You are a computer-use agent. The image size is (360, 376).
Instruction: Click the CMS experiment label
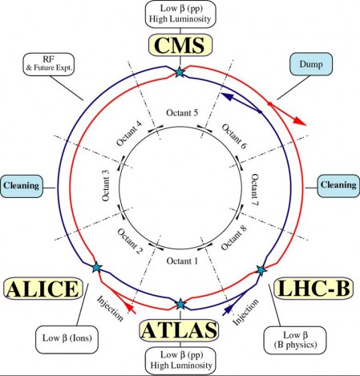click(180, 45)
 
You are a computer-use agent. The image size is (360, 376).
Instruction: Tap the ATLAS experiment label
click(179, 330)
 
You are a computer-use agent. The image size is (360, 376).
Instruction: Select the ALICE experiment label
click(43, 289)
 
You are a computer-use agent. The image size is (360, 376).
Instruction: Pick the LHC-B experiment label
click(314, 288)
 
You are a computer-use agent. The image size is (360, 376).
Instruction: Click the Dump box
click(311, 64)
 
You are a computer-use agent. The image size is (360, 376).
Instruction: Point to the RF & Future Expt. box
click(49, 64)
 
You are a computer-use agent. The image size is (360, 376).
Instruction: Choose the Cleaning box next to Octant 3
click(21, 186)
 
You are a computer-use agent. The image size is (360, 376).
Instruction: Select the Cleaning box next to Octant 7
click(338, 185)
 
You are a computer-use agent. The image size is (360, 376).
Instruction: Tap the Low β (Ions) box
click(67, 339)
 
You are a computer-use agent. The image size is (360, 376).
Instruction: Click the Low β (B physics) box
click(295, 340)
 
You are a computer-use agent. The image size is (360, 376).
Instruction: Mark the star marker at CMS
click(180, 72)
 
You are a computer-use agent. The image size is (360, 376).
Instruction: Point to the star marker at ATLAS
click(180, 304)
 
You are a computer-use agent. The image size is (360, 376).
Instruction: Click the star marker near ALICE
click(96, 267)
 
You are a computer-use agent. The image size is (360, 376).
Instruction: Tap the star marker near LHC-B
click(261, 270)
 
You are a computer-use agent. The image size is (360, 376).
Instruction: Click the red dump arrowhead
click(300, 121)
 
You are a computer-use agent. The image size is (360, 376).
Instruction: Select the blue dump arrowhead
click(226, 96)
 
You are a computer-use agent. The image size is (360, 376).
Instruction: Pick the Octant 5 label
click(182, 113)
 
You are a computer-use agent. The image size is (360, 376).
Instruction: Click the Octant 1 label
click(182, 261)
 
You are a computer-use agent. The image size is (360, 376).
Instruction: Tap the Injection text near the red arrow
click(110, 309)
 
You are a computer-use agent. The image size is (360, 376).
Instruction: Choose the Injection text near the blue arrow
click(246, 312)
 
